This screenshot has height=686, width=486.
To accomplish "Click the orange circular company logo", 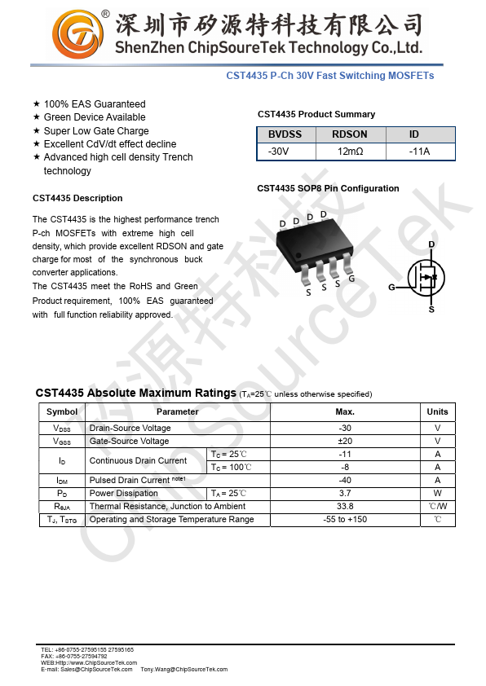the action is [79, 35].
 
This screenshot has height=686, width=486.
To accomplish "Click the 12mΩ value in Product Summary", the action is [350, 152].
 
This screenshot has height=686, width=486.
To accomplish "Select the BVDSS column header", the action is [285, 134].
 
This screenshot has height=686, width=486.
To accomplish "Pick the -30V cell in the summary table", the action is [278, 152].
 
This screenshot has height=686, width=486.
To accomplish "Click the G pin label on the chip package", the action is [351, 279].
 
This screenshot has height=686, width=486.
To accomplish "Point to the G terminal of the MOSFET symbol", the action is [391, 288].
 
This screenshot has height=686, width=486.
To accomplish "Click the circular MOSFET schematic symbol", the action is [426, 278].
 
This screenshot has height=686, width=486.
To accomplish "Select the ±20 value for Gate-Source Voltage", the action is [345, 441].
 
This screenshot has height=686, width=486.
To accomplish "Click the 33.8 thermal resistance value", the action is [345, 506].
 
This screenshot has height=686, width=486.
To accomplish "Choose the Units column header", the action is [437, 411].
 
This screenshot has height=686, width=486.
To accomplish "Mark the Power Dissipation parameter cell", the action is [124, 493].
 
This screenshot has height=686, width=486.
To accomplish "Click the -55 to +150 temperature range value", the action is [345, 519].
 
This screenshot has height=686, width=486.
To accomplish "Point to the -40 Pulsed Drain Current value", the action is [345, 480].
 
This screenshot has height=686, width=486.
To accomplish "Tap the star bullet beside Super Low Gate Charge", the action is [37, 130].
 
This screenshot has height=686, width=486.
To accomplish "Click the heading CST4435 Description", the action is [77, 198].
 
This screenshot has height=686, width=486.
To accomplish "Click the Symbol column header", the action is [62, 411].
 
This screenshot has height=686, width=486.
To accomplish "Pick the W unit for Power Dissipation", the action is [437, 493].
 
